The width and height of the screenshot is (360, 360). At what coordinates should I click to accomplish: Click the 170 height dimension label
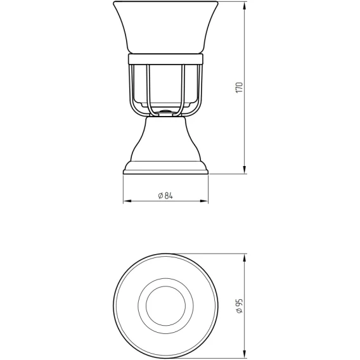[239, 87]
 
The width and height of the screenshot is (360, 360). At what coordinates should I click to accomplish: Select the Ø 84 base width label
[165, 196]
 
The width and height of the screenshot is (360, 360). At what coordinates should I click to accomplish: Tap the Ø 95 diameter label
[239, 306]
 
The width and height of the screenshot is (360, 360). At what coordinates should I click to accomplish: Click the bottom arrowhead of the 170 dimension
[245, 169]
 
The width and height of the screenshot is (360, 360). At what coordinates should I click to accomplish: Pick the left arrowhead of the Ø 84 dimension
[127, 201]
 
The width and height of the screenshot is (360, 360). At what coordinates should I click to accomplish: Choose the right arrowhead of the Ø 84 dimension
[204, 201]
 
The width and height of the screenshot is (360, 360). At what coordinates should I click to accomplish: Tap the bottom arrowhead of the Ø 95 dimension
[245, 354]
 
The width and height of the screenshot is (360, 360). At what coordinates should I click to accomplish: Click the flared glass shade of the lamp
[165, 27]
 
